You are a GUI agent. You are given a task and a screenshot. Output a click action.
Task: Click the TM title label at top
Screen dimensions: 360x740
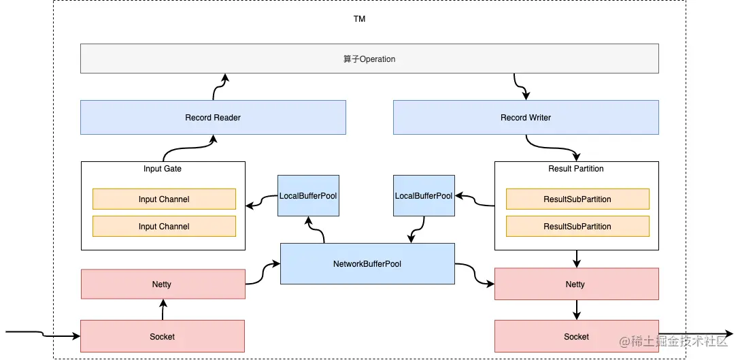(359, 19)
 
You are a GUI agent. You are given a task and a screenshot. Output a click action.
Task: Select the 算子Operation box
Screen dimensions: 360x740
(369, 59)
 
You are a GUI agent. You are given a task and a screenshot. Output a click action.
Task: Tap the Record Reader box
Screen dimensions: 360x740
(213, 118)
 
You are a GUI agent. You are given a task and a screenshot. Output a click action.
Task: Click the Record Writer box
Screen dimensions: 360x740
(526, 118)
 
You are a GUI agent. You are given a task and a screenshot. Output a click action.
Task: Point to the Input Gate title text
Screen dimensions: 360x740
(163, 169)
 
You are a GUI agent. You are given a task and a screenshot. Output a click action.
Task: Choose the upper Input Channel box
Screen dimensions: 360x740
(164, 199)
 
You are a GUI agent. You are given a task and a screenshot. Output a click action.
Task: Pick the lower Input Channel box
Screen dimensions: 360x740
(164, 226)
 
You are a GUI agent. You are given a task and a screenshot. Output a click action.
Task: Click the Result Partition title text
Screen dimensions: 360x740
(576, 169)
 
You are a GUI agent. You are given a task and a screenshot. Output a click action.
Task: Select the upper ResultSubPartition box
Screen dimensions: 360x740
(577, 199)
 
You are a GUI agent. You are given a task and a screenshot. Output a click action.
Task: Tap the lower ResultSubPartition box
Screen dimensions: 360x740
(577, 226)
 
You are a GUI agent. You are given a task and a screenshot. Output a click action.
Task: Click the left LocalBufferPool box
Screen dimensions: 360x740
(308, 196)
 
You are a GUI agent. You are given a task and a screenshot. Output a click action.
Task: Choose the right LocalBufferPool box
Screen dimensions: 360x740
(424, 196)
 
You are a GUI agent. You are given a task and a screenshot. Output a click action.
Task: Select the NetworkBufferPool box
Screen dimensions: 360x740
(367, 263)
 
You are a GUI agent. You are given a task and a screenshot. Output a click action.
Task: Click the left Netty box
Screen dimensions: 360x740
(163, 284)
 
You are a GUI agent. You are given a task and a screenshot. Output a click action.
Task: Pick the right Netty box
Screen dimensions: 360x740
(576, 284)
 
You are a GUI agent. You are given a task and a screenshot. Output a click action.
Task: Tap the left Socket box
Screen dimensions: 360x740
(163, 336)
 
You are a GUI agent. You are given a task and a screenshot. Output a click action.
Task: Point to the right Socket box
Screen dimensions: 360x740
(576, 336)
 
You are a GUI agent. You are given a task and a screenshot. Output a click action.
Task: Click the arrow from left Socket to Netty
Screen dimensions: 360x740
(163, 310)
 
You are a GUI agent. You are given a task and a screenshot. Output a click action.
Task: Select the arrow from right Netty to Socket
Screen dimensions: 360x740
(577, 310)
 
